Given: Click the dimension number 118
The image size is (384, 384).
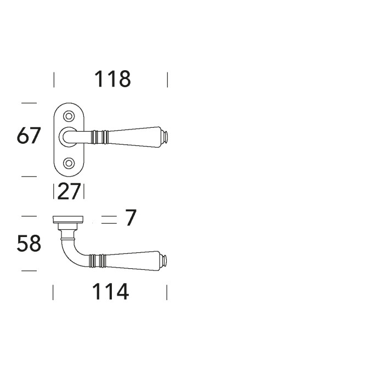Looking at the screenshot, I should tap(112, 80).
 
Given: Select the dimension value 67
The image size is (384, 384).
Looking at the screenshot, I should tap(29, 135).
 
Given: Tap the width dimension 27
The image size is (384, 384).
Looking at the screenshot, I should tap(69, 191).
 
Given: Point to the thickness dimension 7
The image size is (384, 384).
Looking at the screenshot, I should tap(130, 218).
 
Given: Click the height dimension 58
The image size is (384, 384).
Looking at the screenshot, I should tap(29, 243).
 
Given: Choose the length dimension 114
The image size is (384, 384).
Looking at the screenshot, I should tap(110, 292).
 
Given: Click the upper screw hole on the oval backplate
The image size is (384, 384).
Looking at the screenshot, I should tap(69, 116).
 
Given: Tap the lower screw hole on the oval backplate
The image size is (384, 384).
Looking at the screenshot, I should tap(69, 163).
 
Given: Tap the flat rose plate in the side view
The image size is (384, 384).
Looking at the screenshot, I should tap(69, 219).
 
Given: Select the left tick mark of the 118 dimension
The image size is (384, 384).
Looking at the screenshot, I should tap(54, 80).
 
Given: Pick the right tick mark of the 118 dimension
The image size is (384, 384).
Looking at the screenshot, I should tap(167, 80).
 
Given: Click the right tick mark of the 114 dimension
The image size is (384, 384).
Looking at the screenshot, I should tap(167, 292).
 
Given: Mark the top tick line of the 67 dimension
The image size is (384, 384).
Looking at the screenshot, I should tap(29, 103).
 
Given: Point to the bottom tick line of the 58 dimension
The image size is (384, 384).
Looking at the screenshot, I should tap(29, 270).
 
